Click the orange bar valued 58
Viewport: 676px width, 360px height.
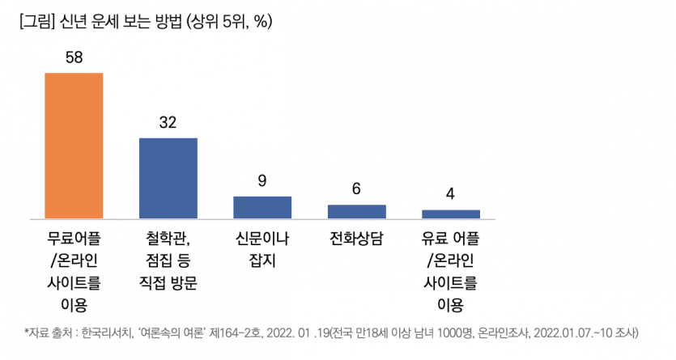click(74, 146)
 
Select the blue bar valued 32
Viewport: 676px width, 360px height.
click(168, 178)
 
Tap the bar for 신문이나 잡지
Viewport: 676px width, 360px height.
click(262, 207)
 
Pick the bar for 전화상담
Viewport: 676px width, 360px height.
click(356, 211)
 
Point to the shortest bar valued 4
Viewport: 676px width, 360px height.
click(451, 214)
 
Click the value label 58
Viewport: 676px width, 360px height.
click(74, 57)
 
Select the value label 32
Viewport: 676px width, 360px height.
click(168, 123)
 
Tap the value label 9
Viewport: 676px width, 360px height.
click(262, 181)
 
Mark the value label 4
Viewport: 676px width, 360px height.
click(451, 195)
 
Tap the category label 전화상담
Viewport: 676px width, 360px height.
click(356, 239)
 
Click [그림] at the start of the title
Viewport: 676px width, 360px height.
click(35, 22)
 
